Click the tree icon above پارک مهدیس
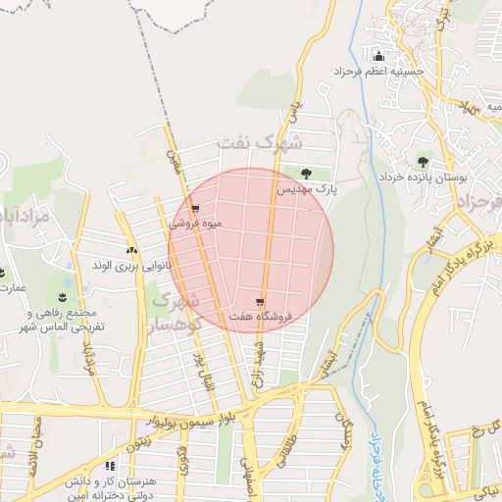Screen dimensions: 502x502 (307, 172)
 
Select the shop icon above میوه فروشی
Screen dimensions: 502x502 (196, 209)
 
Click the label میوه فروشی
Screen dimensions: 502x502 (196, 224)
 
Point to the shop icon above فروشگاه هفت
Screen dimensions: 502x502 (259, 302)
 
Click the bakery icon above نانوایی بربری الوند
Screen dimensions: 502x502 (131, 251)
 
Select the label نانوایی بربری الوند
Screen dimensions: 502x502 (131, 266)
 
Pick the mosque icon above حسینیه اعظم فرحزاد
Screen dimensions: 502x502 (379, 56)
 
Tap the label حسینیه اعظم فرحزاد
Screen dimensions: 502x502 (379, 72)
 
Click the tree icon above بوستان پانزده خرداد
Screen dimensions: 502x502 (423, 162)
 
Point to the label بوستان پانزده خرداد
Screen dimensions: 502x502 (423, 177)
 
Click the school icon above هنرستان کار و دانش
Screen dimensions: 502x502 (109, 467)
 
